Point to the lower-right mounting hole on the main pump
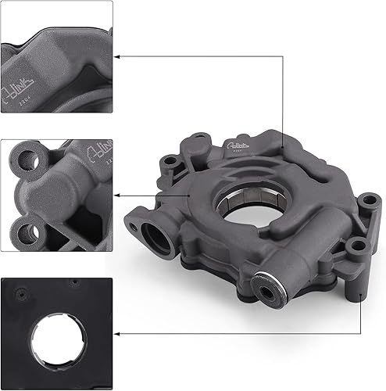click(x=359, y=248)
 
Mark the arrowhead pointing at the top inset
click(x=118, y=56)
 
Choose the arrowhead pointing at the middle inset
click(x=118, y=194)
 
